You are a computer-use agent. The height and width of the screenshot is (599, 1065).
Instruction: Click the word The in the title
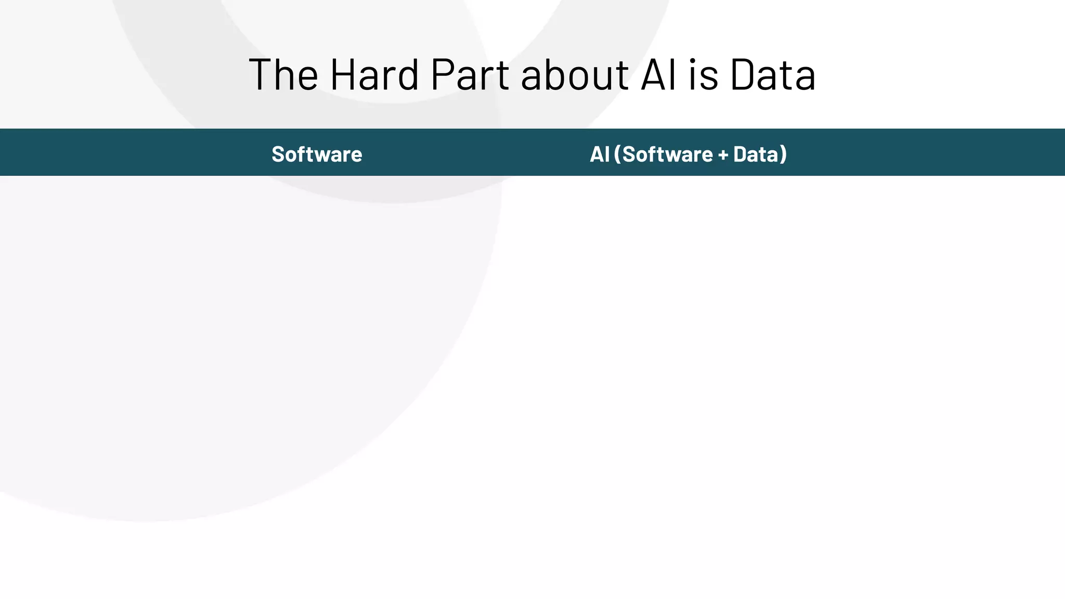point(283,74)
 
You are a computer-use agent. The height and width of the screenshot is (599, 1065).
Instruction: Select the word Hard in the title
point(374,74)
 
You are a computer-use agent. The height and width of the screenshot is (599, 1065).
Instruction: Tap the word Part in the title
point(470,74)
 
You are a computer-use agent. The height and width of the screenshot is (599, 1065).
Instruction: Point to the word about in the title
point(575,74)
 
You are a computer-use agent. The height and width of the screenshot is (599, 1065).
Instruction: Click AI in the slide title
point(659,74)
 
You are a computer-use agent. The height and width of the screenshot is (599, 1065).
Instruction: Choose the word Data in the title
point(773,74)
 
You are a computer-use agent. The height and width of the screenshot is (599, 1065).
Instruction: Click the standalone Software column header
point(317,154)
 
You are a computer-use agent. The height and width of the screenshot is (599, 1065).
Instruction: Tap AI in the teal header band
point(599,154)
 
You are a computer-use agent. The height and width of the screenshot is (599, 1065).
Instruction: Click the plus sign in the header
point(723,154)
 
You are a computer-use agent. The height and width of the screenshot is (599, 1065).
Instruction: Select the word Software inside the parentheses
point(667,154)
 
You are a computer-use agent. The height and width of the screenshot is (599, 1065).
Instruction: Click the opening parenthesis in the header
point(617,154)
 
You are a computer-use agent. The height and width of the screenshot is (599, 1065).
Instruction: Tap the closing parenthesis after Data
point(783,154)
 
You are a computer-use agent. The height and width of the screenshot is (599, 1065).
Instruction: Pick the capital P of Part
point(444,74)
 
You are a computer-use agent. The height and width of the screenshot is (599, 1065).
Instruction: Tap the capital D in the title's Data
point(744,74)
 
